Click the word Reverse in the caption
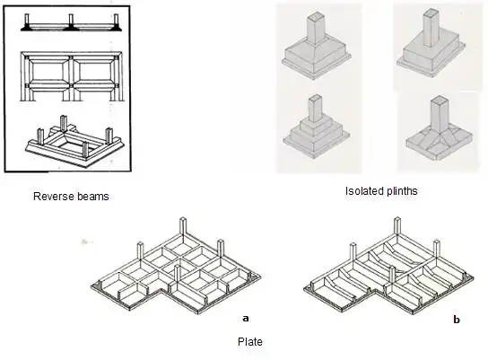pyautogui.click(x=48, y=197)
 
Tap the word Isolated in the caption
pyautogui.click(x=361, y=191)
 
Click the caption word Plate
pyautogui.click(x=250, y=342)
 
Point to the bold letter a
pyautogui.click(x=246, y=319)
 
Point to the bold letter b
pyautogui.click(x=457, y=320)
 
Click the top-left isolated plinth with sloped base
pyautogui.click(x=316, y=47)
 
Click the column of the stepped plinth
pyautogui.click(x=315, y=109)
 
